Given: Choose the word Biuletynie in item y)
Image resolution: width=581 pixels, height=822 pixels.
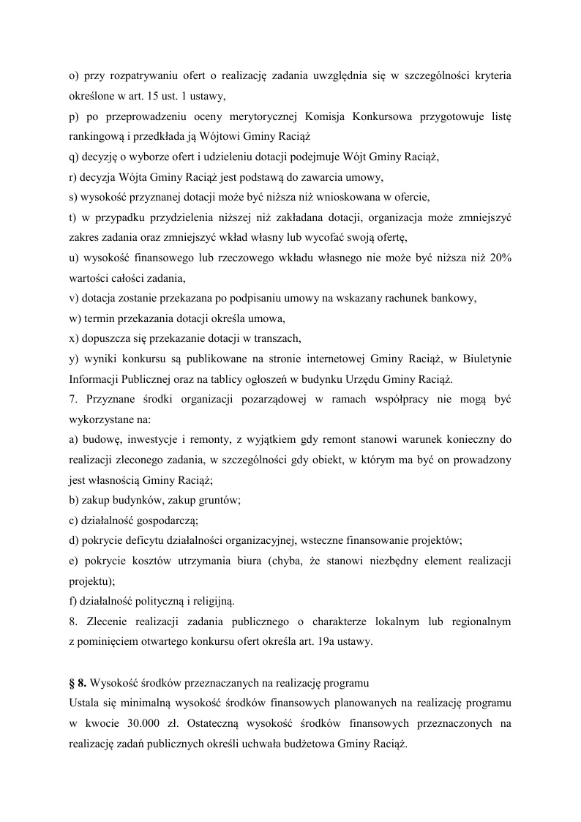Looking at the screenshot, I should tap(487, 359).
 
